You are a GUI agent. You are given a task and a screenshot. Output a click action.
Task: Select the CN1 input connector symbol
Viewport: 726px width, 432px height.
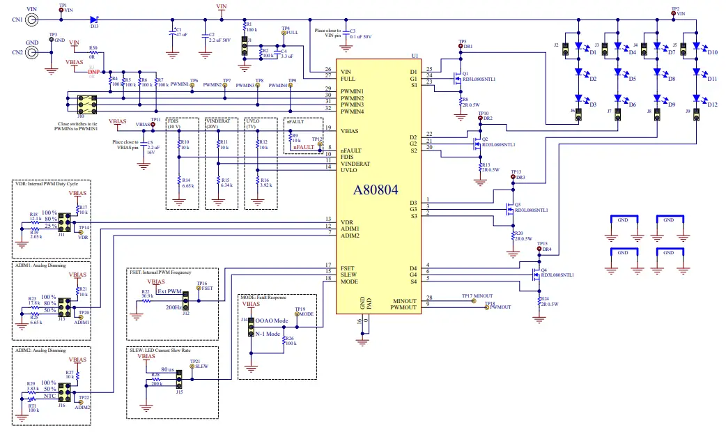pyautogui.click(x=32, y=20)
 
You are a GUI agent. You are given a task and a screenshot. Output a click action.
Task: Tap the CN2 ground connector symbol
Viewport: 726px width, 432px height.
pyautogui.click(x=32, y=52)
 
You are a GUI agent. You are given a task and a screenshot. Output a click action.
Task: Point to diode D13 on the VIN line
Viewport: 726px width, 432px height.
pyautogui.click(x=95, y=20)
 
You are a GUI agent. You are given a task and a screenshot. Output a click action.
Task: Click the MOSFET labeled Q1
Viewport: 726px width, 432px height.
pyautogui.click(x=456, y=77)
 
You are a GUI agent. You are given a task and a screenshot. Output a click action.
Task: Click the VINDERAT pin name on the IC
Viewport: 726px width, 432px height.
pyautogui.click(x=355, y=163)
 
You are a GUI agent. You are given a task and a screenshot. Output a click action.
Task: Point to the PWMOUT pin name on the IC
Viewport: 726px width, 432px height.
pyautogui.click(x=403, y=307)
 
